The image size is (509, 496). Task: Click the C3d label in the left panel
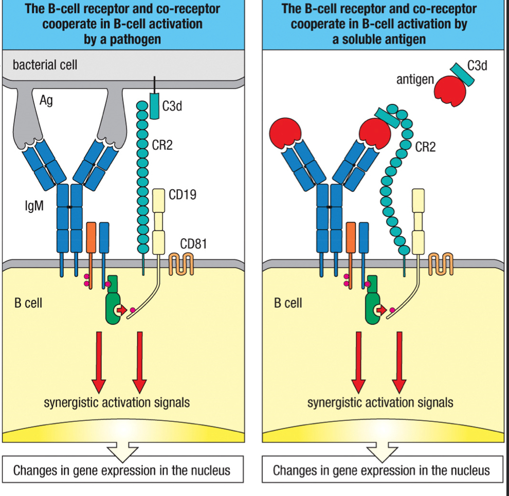172,107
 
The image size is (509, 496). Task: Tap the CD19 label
182,195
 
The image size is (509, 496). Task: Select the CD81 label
193,243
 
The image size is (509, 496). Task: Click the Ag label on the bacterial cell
46,101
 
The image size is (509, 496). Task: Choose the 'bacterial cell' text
45,65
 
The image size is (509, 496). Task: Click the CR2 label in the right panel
425,147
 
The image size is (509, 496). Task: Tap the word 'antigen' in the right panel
415,80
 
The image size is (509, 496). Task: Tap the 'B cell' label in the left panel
28,303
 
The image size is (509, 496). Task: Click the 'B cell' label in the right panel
287,303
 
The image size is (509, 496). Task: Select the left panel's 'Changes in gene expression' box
122,470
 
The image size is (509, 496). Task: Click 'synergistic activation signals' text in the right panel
380,402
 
